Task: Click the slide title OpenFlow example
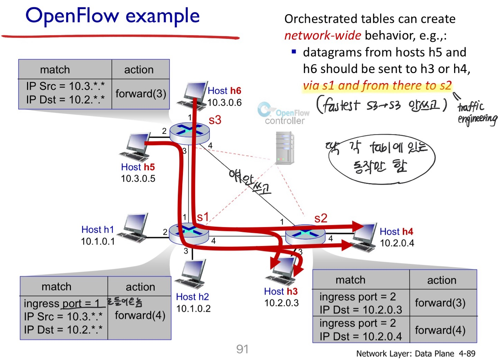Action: pos(112,16)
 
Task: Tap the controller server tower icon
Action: pos(285,148)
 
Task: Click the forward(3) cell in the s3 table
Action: pos(140,93)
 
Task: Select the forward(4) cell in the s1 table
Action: pos(140,315)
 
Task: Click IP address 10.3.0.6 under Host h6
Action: pos(224,102)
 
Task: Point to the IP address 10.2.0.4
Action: pos(397,243)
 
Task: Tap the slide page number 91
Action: pos(242,349)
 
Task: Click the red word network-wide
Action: pos(322,35)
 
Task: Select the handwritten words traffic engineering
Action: pos(477,112)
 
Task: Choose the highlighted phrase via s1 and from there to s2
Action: pos(377,85)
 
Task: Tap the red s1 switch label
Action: pos(203,217)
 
